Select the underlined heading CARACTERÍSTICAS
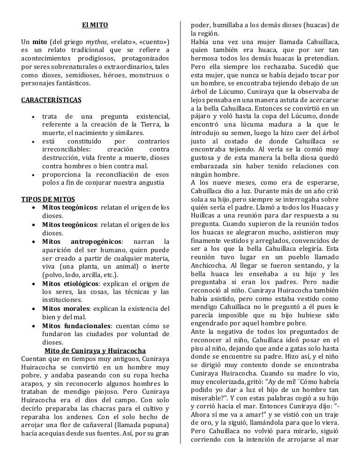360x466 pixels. pyautogui.click(x=52, y=100)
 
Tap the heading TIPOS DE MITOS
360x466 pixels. pyautogui.click(x=48, y=199)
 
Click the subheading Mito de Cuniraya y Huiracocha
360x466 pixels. pyautogui.click(x=95, y=351)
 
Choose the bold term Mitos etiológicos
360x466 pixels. pyautogui.click(x=70, y=284)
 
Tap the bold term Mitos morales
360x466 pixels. pyautogui.click(x=66, y=308)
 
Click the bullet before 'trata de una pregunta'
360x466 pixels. pyautogui.click(x=31, y=116)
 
